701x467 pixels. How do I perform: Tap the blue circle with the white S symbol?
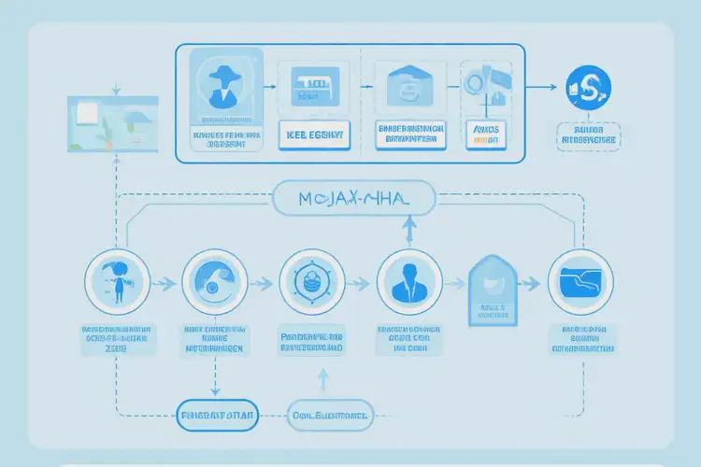587,87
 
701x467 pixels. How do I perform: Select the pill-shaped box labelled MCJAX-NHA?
354,198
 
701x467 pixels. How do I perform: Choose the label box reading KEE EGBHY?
311,134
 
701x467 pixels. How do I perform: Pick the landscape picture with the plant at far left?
113,124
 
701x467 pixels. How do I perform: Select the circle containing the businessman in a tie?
408,281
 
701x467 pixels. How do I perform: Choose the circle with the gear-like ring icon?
311,281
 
